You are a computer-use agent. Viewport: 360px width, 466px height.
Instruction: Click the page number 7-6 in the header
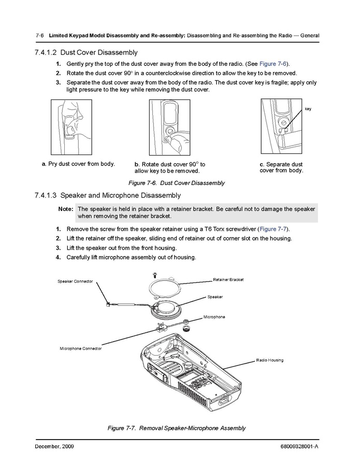pos(39,36)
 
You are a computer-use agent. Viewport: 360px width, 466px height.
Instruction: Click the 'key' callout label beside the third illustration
pos(308,109)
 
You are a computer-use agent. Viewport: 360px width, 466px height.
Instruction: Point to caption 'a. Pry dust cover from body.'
pos(78,164)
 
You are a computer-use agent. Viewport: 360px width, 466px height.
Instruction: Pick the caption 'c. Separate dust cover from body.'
pos(281,167)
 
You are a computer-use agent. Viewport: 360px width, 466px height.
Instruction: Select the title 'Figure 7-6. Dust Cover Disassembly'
pos(177,183)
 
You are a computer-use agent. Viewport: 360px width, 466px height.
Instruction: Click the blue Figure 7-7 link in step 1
pos(273,229)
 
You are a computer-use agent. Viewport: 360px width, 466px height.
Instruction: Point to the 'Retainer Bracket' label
pos(228,280)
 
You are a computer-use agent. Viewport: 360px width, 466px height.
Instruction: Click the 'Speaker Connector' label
pos(75,281)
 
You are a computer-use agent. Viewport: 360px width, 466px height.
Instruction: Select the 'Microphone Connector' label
pos(80,348)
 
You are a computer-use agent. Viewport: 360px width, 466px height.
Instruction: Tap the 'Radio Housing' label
pos(269,360)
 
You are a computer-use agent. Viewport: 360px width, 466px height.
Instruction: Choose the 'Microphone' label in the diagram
pos(214,317)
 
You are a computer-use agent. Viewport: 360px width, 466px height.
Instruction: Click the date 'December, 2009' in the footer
pos(54,446)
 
